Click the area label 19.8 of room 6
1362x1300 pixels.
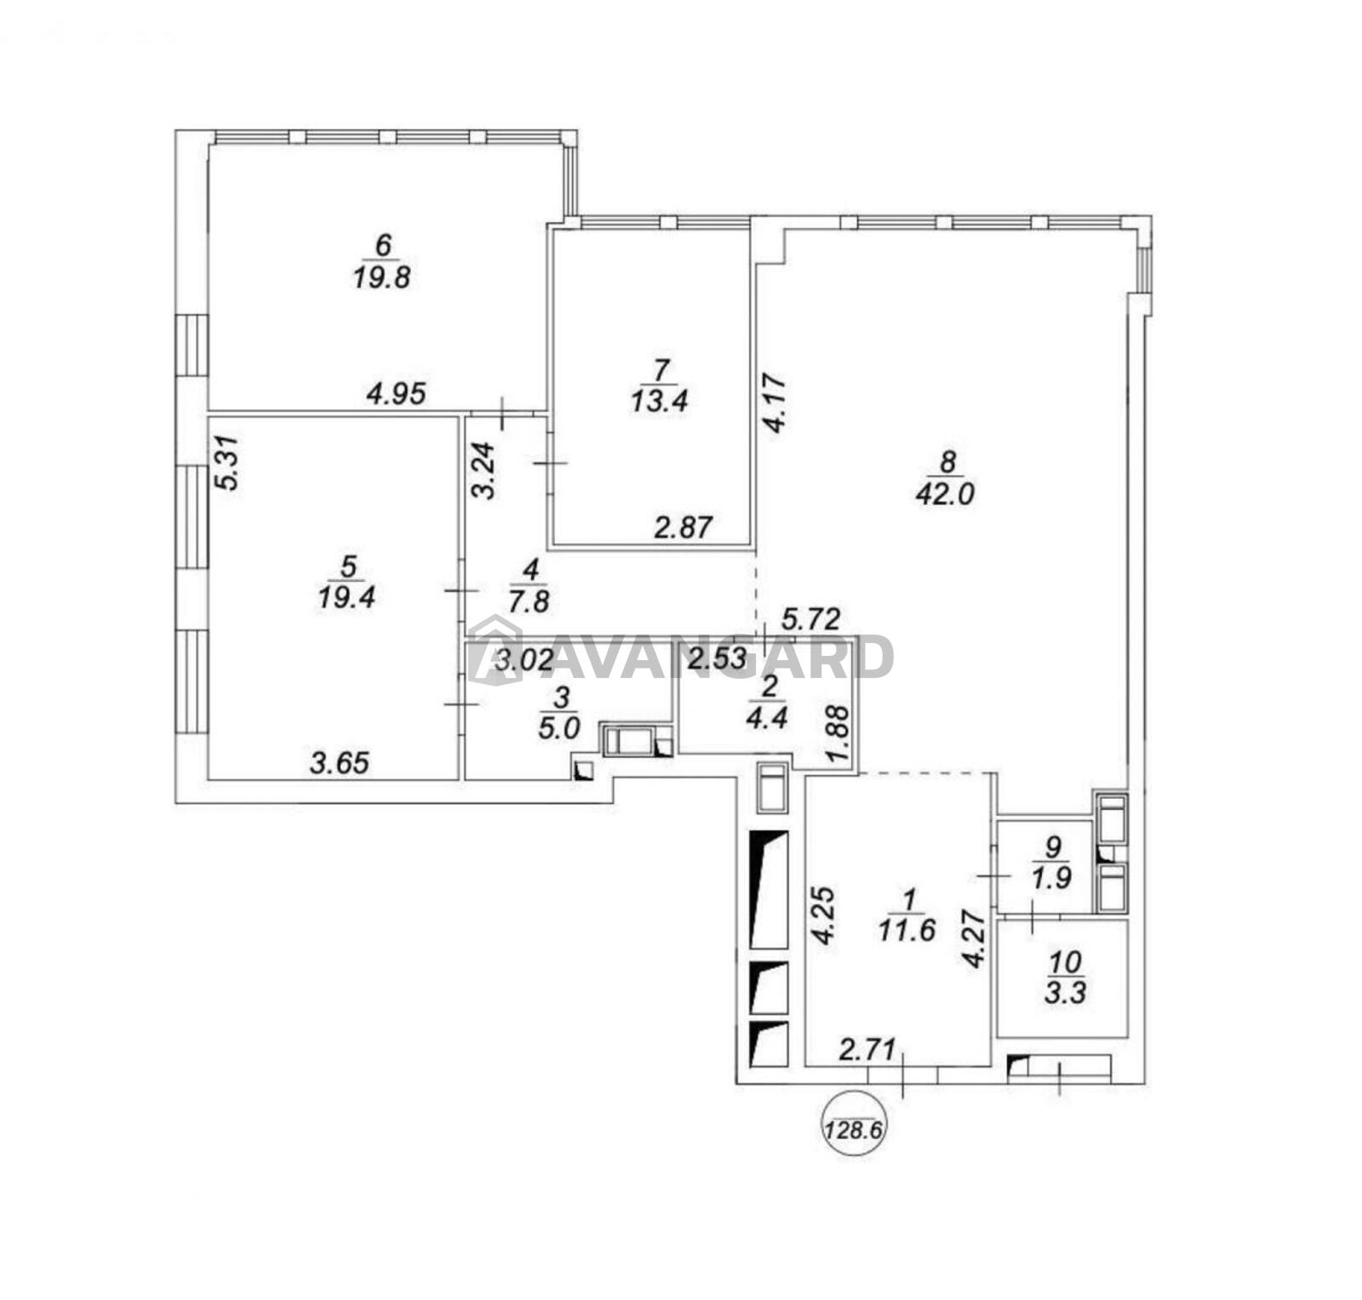tap(382, 277)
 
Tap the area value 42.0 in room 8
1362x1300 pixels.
tap(945, 494)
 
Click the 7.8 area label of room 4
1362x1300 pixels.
tap(529, 602)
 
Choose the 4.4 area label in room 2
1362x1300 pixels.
tap(767, 716)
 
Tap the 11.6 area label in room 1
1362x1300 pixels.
tap(908, 929)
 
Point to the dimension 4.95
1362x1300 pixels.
tap(396, 393)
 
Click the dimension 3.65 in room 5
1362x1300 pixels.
tap(340, 763)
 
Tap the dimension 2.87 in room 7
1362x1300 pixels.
tap(682, 527)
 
